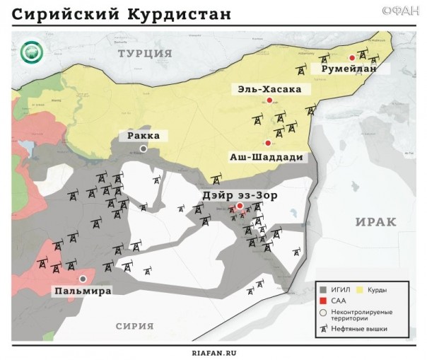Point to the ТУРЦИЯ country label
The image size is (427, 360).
(x=145, y=53)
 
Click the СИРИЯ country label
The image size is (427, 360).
(x=135, y=325)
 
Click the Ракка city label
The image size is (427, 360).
(x=144, y=136)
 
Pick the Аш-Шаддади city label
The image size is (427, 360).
(x=268, y=156)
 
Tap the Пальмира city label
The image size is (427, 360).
(x=82, y=290)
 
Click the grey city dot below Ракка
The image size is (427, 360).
(x=144, y=149)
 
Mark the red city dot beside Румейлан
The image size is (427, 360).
(x=352, y=57)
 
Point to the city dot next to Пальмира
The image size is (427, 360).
(x=83, y=279)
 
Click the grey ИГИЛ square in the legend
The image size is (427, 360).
(x=322, y=290)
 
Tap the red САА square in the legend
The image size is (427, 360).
(x=322, y=301)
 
